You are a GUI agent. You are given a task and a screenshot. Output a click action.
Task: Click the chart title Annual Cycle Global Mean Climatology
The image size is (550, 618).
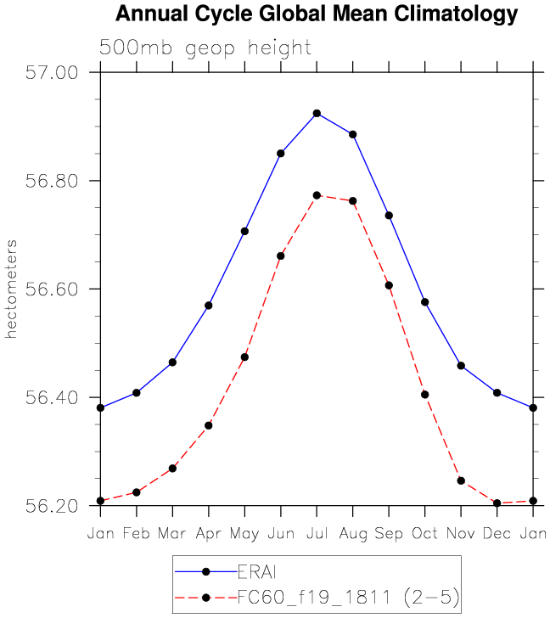pyautogui.click(x=316, y=14)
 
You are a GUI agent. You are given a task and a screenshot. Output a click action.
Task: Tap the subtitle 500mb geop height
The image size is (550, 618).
pyautogui.click(x=205, y=48)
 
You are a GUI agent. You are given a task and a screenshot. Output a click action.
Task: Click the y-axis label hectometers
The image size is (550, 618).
pyautogui.click(x=12, y=289)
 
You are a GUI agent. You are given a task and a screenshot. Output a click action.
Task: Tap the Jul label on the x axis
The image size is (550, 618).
pyautogui.click(x=317, y=533)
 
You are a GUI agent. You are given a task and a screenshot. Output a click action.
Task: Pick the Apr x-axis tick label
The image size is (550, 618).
pyautogui.click(x=208, y=533)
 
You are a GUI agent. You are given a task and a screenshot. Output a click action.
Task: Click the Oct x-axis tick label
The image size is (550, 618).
pyautogui.click(x=424, y=533)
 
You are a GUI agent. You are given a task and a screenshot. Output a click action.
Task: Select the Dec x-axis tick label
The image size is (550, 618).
pyautogui.click(x=497, y=533)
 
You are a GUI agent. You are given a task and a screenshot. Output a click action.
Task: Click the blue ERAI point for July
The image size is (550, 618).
pyautogui.click(x=317, y=113)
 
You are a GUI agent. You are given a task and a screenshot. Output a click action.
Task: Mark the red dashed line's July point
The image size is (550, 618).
pyautogui.click(x=317, y=195)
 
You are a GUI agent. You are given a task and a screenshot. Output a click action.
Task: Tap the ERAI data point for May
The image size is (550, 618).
pyautogui.click(x=244, y=231)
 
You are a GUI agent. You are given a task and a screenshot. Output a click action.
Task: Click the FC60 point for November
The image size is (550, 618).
pyautogui.click(x=461, y=480)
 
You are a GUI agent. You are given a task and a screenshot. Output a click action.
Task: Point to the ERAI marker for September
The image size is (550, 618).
pyautogui.click(x=389, y=216)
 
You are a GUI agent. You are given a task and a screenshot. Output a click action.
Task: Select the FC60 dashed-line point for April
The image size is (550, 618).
pyautogui.click(x=208, y=425)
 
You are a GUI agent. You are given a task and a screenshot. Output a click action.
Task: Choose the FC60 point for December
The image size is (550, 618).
pyautogui.click(x=497, y=503)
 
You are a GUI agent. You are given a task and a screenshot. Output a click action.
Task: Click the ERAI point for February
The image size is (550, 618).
pyautogui.click(x=136, y=392)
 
